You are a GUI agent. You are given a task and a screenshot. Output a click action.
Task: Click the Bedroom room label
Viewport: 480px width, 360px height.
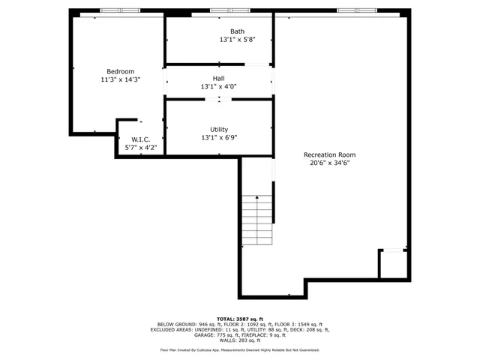point(120,71)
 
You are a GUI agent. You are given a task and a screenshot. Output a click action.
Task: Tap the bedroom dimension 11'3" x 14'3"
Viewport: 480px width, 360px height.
point(120,79)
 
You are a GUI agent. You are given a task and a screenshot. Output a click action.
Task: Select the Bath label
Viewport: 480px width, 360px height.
point(237,31)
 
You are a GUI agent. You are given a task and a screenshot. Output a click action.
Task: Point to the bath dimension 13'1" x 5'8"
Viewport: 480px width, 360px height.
point(237,39)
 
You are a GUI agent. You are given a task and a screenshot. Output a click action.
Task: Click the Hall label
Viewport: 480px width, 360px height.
point(218,78)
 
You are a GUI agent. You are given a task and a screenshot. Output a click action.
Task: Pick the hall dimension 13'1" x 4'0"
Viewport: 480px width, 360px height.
point(218,86)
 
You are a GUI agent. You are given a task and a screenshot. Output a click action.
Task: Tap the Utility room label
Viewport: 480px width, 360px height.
point(218,130)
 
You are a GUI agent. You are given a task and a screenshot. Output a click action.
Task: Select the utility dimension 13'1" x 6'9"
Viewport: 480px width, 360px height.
point(218,137)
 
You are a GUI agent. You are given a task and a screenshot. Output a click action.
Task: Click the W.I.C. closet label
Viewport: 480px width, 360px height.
point(141,139)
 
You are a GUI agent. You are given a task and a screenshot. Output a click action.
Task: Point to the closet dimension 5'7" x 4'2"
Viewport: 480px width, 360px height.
point(141,148)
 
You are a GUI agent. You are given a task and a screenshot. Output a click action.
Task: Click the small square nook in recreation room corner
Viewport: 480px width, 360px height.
point(392,265)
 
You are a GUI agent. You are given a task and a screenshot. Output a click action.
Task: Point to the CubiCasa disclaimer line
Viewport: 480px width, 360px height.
point(240,349)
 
